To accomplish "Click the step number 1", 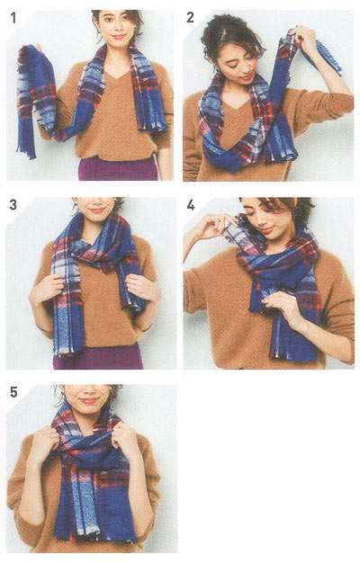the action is coord(13,18).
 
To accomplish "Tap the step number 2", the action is coord(190,17).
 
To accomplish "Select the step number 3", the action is coord(13,205).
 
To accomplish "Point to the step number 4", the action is coord(191,205).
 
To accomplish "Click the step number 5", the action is coord(13,392).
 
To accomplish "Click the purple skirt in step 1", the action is coord(118,168).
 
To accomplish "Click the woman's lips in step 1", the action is coord(119,36).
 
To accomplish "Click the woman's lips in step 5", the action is coord(89,400).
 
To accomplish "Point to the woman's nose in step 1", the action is coord(117,28).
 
